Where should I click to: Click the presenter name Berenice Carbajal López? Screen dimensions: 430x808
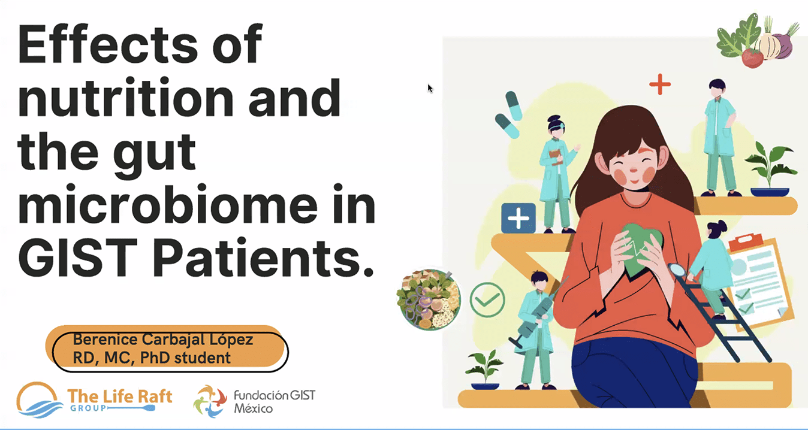(x=162, y=340)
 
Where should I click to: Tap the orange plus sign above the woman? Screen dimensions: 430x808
(x=660, y=84)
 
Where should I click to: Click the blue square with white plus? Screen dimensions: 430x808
(x=518, y=218)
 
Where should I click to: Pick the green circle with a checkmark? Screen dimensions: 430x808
(x=487, y=299)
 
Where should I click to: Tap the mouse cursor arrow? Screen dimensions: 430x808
(x=430, y=88)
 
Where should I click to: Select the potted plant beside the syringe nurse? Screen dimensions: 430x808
(x=484, y=368)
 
